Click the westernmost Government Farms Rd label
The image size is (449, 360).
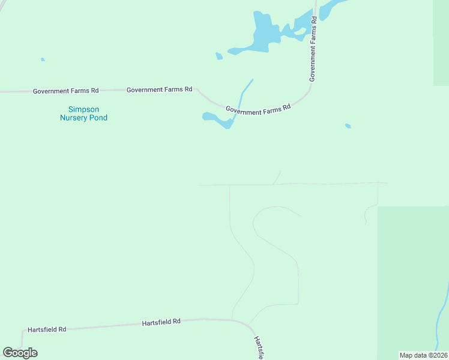click(65, 91)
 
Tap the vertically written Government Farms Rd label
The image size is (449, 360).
click(313, 49)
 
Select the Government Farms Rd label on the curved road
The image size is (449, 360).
click(258, 109)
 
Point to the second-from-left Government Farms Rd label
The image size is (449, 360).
click(159, 89)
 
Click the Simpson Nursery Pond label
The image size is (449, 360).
click(83, 113)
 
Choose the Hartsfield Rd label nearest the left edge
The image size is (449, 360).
click(47, 330)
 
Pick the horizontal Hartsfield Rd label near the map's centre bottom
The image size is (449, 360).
click(161, 322)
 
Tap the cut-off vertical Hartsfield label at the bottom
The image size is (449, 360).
click(258, 348)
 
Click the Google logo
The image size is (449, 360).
click(20, 353)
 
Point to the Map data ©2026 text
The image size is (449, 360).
click(423, 355)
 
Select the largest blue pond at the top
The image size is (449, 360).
click(264, 33)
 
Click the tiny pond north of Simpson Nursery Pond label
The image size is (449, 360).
click(42, 59)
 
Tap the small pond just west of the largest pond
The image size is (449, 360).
click(219, 56)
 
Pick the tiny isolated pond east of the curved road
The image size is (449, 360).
click(348, 126)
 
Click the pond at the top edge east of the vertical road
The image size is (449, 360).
click(331, 8)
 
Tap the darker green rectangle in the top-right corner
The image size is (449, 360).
click(441, 42)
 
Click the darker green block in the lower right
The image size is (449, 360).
click(413, 282)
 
